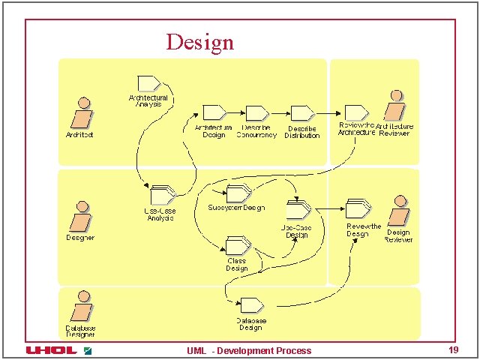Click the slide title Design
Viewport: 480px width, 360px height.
coord(199,41)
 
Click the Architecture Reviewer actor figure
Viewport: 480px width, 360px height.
coord(394,106)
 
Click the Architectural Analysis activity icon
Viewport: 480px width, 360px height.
coord(148,82)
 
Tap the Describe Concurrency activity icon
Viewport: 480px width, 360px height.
coord(256,112)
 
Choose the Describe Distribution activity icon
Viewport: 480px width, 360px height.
coord(301,112)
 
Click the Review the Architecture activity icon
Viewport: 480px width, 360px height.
coord(355,111)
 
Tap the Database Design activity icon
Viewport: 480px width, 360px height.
coord(250,304)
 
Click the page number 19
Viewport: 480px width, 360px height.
coord(453,350)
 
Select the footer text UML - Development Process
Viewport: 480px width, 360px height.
coord(249,351)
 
